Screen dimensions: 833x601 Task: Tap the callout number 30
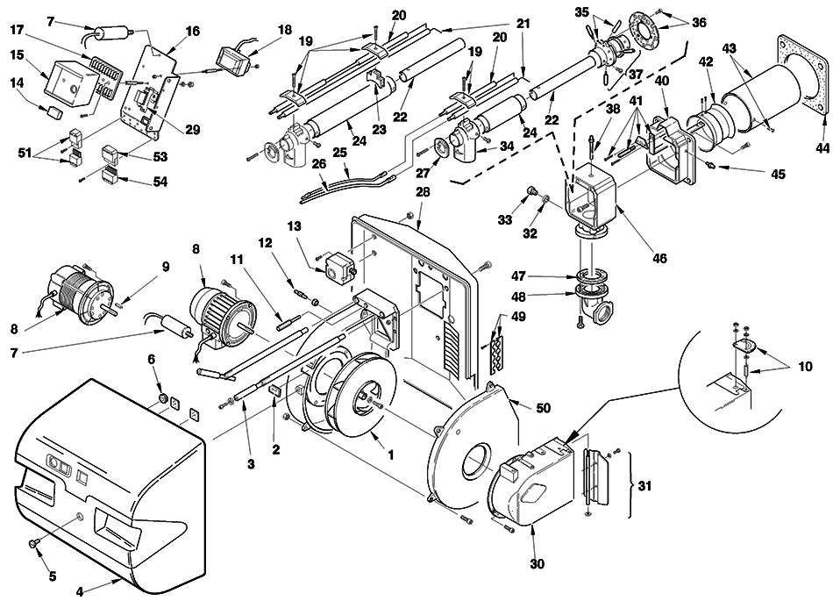(538, 564)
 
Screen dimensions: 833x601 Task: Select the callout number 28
(423, 192)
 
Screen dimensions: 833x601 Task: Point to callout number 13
(294, 227)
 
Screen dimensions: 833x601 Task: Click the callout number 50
(543, 408)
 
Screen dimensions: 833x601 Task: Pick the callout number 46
(659, 259)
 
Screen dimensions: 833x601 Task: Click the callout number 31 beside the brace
(644, 486)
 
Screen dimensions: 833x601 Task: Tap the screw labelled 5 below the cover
(32, 543)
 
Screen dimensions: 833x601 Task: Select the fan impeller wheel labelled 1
(361, 394)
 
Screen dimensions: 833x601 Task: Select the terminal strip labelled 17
(102, 76)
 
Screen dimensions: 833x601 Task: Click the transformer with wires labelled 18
(232, 59)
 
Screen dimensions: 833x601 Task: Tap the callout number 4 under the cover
(80, 590)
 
